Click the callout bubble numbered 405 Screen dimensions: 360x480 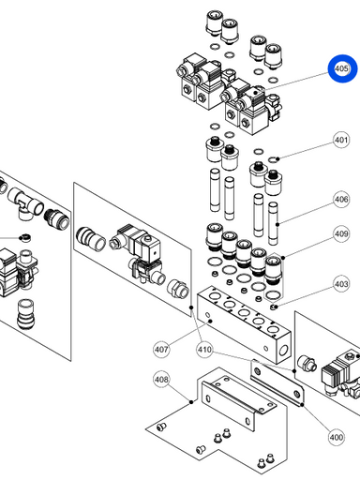tap(341, 68)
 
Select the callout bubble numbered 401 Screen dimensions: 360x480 tap(341, 140)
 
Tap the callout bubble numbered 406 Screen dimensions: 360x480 tap(341, 199)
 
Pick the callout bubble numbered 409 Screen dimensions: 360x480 tap(341, 233)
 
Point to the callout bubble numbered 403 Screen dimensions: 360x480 tap(341, 284)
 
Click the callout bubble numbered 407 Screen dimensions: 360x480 tap(161, 350)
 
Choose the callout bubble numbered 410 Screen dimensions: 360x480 tap(204, 350)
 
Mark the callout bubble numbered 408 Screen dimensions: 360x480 tap(161, 380)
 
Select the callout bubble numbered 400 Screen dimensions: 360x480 tap(337, 437)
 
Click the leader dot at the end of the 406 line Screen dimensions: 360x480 tap(277, 224)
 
